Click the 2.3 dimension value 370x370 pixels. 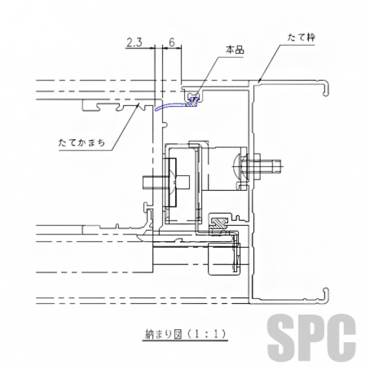134,43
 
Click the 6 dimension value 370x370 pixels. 172,43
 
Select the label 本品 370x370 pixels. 235,50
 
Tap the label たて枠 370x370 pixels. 301,38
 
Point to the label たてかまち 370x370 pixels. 81,142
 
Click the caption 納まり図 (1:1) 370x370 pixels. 185,334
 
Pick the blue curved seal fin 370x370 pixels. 172,105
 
